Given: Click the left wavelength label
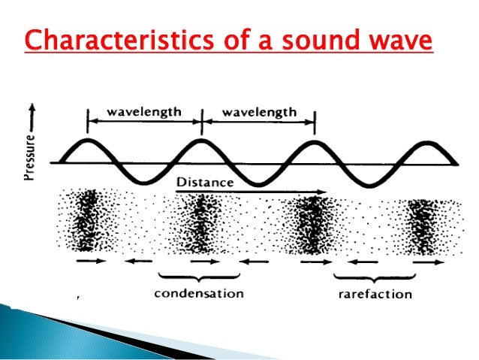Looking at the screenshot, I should pos(143,112).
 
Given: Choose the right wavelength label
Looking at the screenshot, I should pos(258,112).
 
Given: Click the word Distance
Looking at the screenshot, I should pos(205,183).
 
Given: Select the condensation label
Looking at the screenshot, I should pos(199,292).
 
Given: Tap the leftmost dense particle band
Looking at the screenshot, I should pos(88,220).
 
